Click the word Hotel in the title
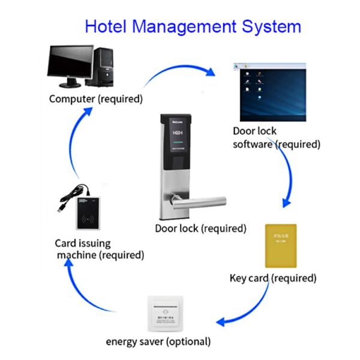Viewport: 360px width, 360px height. [106, 26]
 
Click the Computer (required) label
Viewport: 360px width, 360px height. [96, 98]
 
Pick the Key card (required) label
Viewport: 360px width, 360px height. [273, 278]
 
